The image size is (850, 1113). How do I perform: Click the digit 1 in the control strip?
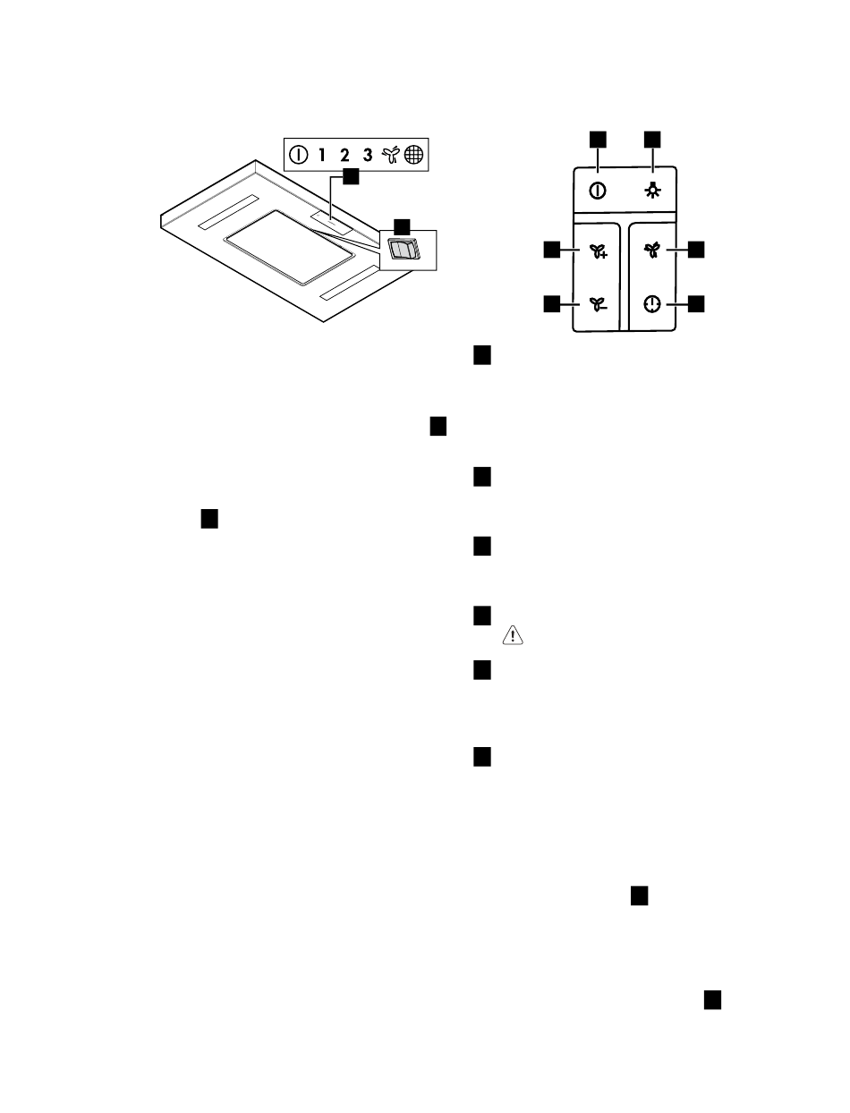pos(321,155)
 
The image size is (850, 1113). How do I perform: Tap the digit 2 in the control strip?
pos(344,155)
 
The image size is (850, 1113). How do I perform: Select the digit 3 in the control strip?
pos(368,155)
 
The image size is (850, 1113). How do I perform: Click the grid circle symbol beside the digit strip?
pos(413,155)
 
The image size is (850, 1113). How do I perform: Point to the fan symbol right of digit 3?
pos(391,155)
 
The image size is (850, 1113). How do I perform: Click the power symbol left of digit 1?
pos(298,155)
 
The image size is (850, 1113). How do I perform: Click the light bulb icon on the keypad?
pos(652,191)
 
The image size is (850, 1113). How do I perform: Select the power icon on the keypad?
pos(598,191)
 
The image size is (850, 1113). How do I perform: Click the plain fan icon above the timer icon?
pos(652,250)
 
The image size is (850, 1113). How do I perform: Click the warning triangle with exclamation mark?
pos(513,635)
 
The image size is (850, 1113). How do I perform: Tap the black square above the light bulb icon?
pos(652,140)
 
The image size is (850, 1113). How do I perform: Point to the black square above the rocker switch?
pos(402,227)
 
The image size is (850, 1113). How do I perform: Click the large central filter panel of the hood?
pos(288,247)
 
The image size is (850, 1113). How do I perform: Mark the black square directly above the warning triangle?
pos(482,616)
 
